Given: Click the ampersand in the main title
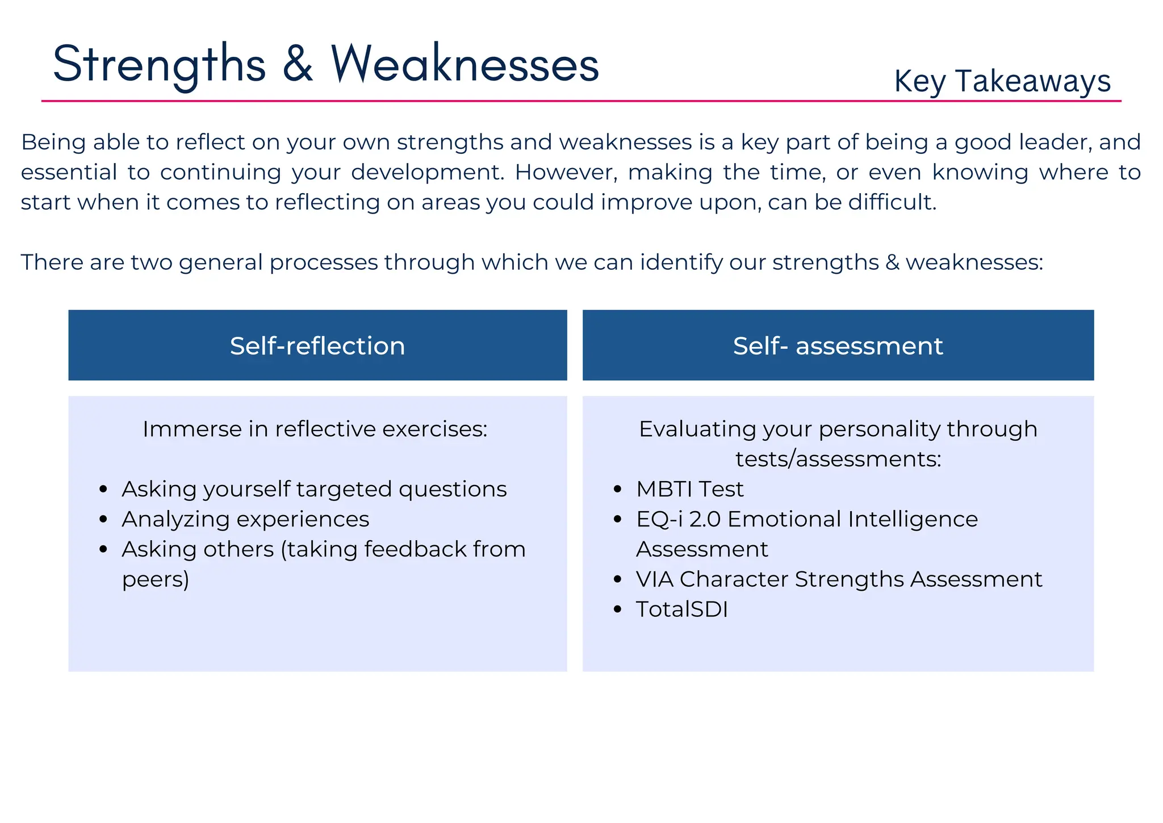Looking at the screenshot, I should pos(298,64).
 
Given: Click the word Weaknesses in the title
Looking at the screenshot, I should pos(465,64).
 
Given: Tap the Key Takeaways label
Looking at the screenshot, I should pos(1002,81).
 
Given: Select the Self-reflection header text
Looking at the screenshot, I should pos(317,346).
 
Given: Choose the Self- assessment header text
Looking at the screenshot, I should pos(838,346).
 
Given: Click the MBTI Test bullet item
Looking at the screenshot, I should pos(689,489).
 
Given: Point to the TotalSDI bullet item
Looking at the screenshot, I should pos(681,609).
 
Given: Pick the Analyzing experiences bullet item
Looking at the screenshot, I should pos(245,519).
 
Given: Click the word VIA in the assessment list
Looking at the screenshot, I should pos(654,579).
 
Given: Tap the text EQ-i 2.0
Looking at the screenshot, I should pos(678,519).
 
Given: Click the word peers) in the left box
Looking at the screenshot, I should pos(156,579).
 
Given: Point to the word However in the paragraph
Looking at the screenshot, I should pos(566,172).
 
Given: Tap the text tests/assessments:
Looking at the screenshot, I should pos(838,459).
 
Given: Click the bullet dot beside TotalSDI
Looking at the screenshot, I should pos(618,610).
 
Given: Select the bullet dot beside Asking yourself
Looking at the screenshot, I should pos(103,490).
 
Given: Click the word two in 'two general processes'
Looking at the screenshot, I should pos(151,262).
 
